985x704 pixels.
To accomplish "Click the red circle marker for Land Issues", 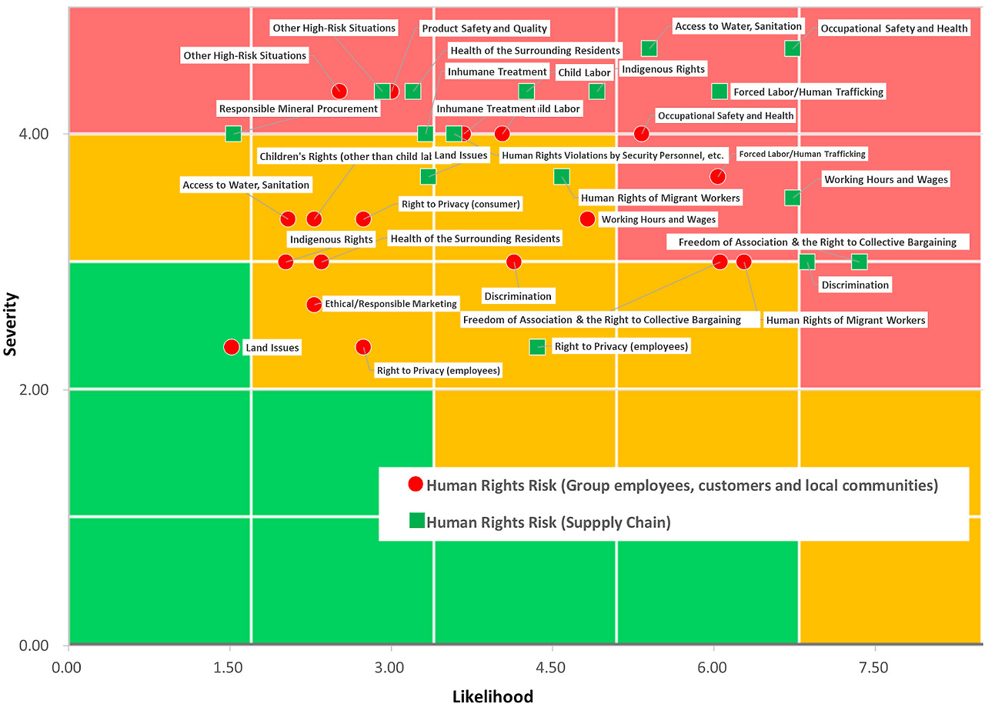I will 232,347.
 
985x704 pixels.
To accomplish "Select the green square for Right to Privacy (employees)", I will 537,347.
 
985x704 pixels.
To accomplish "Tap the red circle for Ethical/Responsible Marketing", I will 314,304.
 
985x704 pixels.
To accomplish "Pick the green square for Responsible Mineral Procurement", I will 233,134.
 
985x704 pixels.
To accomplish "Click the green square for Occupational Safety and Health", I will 793,48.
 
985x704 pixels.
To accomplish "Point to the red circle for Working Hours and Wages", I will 587,219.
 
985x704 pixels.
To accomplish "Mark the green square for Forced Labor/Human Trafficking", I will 720,92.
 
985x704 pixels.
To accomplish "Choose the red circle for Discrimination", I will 514,262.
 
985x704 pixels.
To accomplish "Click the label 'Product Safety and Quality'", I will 484,28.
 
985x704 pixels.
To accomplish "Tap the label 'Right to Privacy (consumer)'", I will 461,205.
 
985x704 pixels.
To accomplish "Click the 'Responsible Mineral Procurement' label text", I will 299,109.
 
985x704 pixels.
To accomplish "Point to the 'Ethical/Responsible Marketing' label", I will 391,304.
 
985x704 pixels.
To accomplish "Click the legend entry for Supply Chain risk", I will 548,522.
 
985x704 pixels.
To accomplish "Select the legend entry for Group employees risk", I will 682,485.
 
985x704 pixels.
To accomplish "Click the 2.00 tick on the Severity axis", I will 35,390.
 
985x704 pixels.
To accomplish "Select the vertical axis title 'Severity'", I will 11,323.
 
